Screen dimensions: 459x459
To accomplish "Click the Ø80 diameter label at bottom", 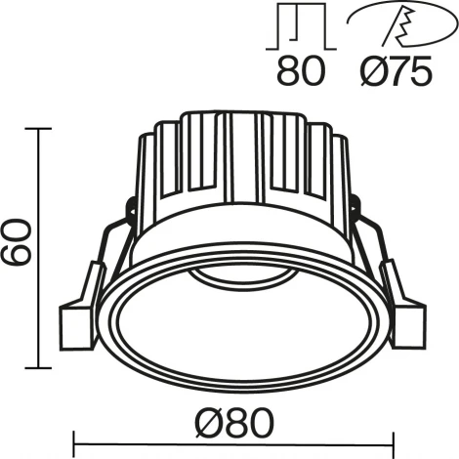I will click(x=230, y=424).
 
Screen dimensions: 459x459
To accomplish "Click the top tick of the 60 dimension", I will click(x=39, y=128).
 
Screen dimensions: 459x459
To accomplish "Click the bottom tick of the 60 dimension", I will click(x=39, y=368).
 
